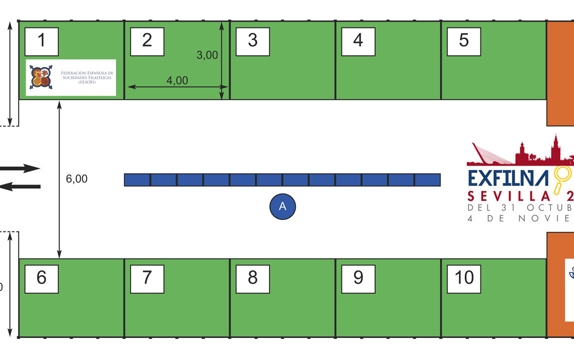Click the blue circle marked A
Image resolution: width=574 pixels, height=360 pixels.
click(283, 206)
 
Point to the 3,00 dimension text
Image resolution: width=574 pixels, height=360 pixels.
click(207, 55)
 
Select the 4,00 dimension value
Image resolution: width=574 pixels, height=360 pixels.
click(177, 80)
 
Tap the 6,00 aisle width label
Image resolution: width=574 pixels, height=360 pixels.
click(77, 178)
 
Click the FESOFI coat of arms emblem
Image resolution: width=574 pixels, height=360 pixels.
click(41, 77)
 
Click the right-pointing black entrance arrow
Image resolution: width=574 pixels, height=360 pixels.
click(20, 168)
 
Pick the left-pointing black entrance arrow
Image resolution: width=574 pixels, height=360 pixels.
click(20, 186)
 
